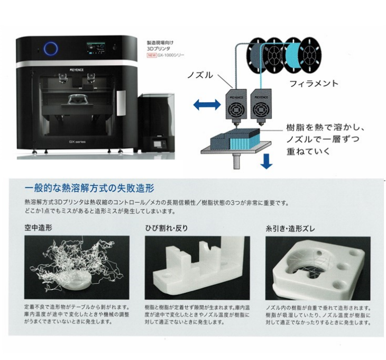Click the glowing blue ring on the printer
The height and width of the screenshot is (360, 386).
51,49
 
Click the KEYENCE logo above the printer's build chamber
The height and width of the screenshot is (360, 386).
74,68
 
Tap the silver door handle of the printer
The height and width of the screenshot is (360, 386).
121,101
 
